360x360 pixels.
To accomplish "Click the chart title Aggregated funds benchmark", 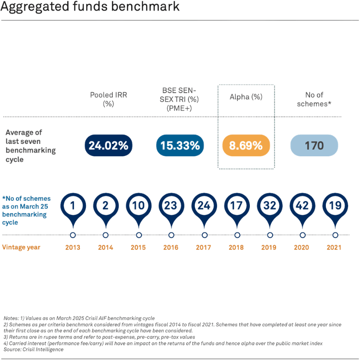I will click(90, 8).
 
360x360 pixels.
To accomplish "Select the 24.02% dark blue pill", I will click(108, 145).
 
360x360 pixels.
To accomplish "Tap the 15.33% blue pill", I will click(180, 145).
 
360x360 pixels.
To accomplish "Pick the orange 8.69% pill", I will click(246, 145).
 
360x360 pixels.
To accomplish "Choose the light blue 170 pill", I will click(314, 145).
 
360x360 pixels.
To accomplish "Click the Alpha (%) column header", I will click(246, 97).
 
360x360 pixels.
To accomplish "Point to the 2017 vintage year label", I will click(204, 247).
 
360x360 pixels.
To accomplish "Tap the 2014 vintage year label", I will click(105, 247).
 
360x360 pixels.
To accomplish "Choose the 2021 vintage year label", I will click(335, 247).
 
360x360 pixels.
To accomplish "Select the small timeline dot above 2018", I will click(237, 234).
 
